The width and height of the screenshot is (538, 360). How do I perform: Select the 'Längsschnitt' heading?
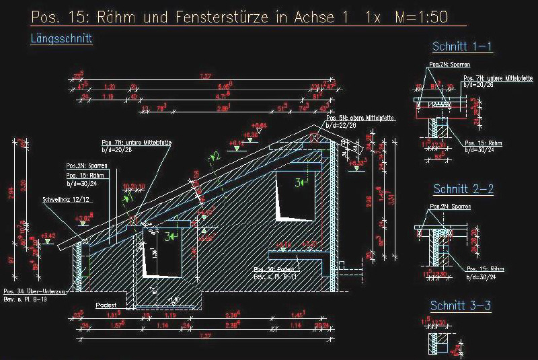61,39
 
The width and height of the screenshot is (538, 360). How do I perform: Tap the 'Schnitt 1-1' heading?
463,46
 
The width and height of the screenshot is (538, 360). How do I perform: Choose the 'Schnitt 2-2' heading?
463,189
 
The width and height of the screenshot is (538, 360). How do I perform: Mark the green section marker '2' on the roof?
215,156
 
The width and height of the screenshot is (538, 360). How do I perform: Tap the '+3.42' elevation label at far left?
48,235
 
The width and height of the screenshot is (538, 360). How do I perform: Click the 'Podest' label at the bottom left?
106,304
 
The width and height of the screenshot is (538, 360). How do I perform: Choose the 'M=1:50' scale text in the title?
424,17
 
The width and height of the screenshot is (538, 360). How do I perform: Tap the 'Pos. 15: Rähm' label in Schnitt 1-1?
484,143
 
